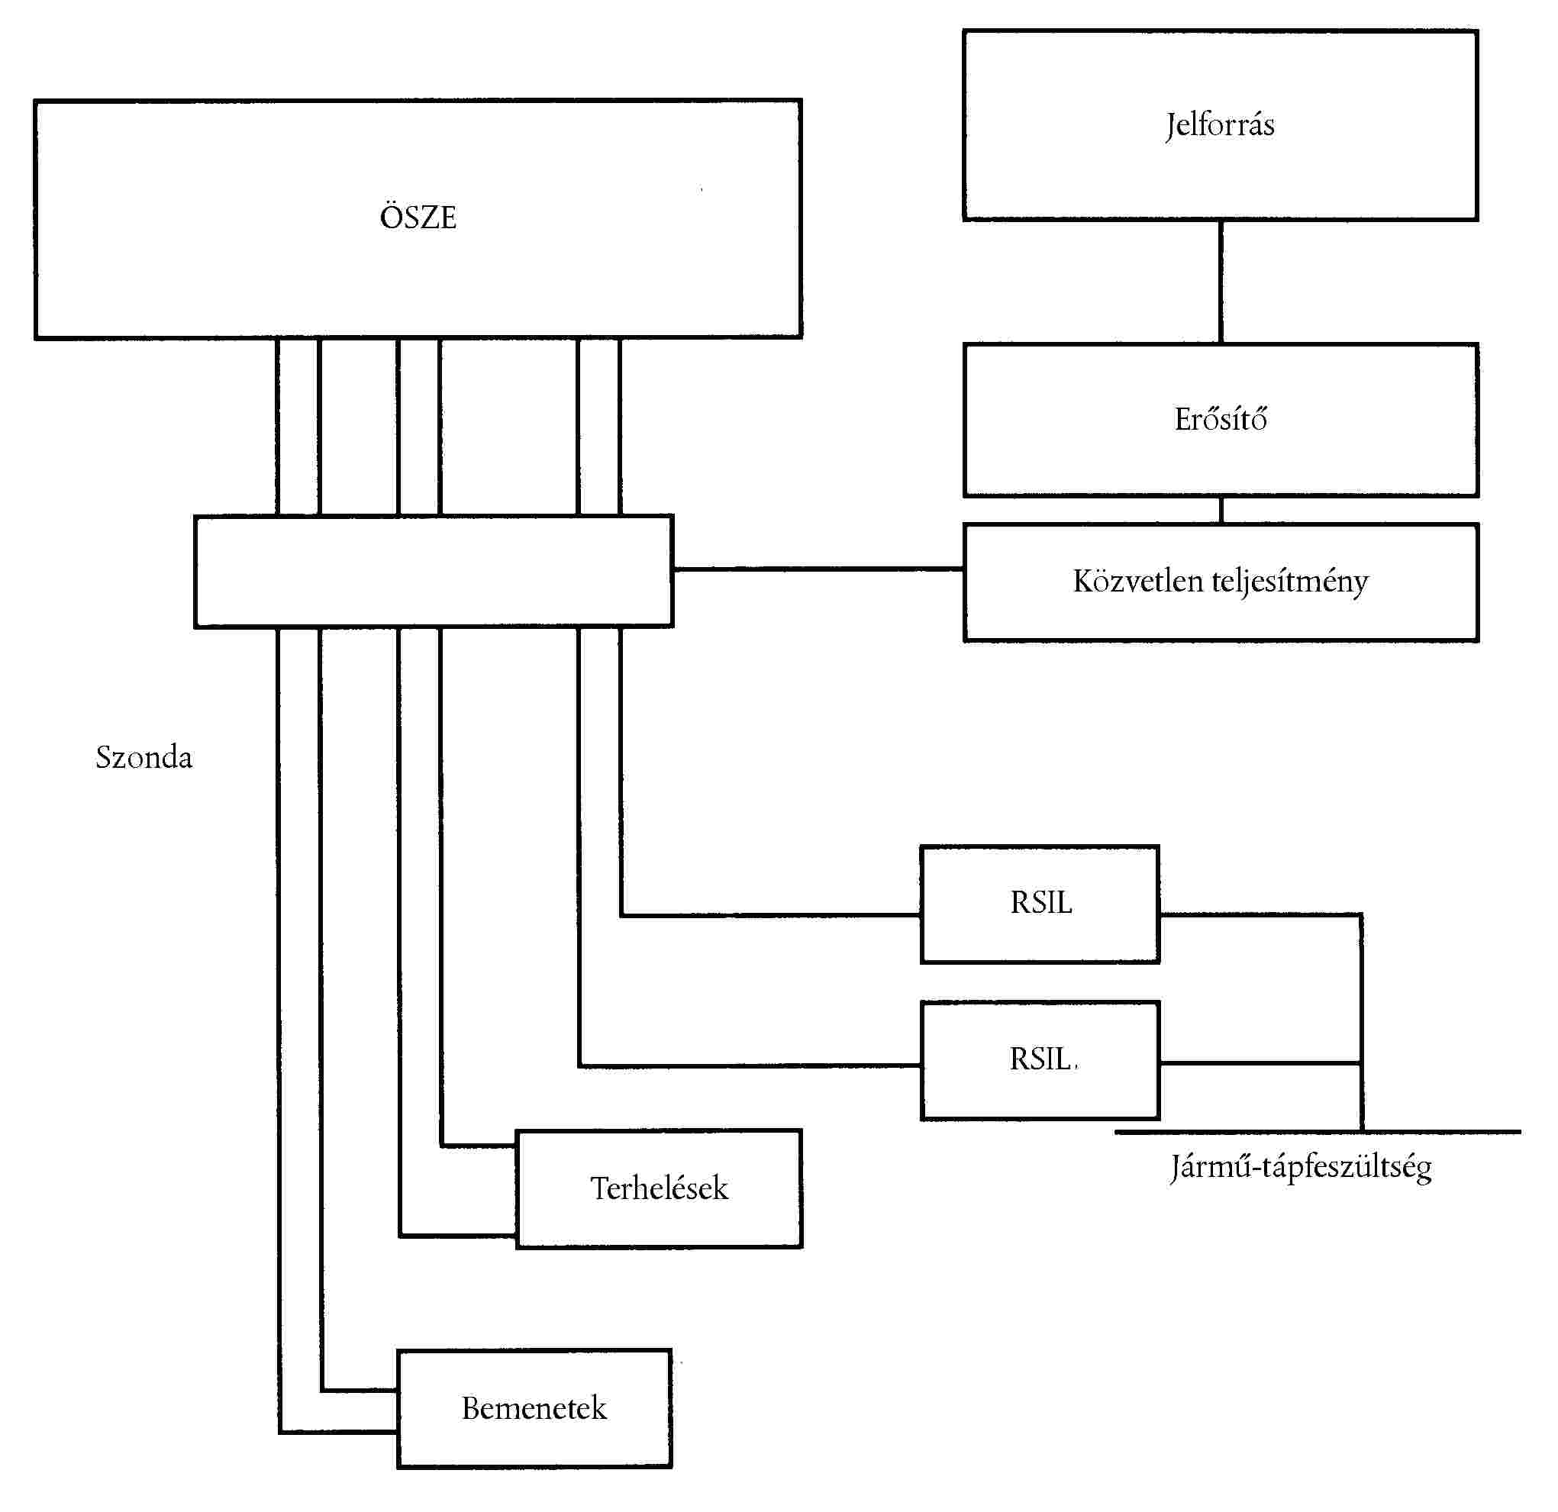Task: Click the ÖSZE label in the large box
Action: (x=418, y=217)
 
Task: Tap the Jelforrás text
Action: (x=1219, y=125)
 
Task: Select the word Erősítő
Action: (x=1220, y=419)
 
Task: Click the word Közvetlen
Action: (x=1137, y=580)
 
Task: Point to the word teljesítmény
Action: (x=1289, y=582)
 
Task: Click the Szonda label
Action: (x=144, y=757)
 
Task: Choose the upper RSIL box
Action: (x=1040, y=904)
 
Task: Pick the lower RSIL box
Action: (x=1040, y=1059)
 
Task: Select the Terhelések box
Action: (x=658, y=1188)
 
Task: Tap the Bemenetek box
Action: (x=534, y=1408)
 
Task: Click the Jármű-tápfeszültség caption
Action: (x=1301, y=1167)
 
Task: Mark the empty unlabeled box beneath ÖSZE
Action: (x=434, y=571)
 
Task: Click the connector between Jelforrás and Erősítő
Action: (x=1221, y=282)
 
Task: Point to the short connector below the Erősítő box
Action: (x=1221, y=510)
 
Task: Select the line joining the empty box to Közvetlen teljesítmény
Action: (x=819, y=569)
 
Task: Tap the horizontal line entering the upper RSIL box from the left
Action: (x=771, y=915)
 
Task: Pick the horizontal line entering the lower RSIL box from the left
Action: (x=750, y=1065)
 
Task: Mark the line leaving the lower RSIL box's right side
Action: (x=1260, y=1062)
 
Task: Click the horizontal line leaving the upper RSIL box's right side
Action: (x=1260, y=915)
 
